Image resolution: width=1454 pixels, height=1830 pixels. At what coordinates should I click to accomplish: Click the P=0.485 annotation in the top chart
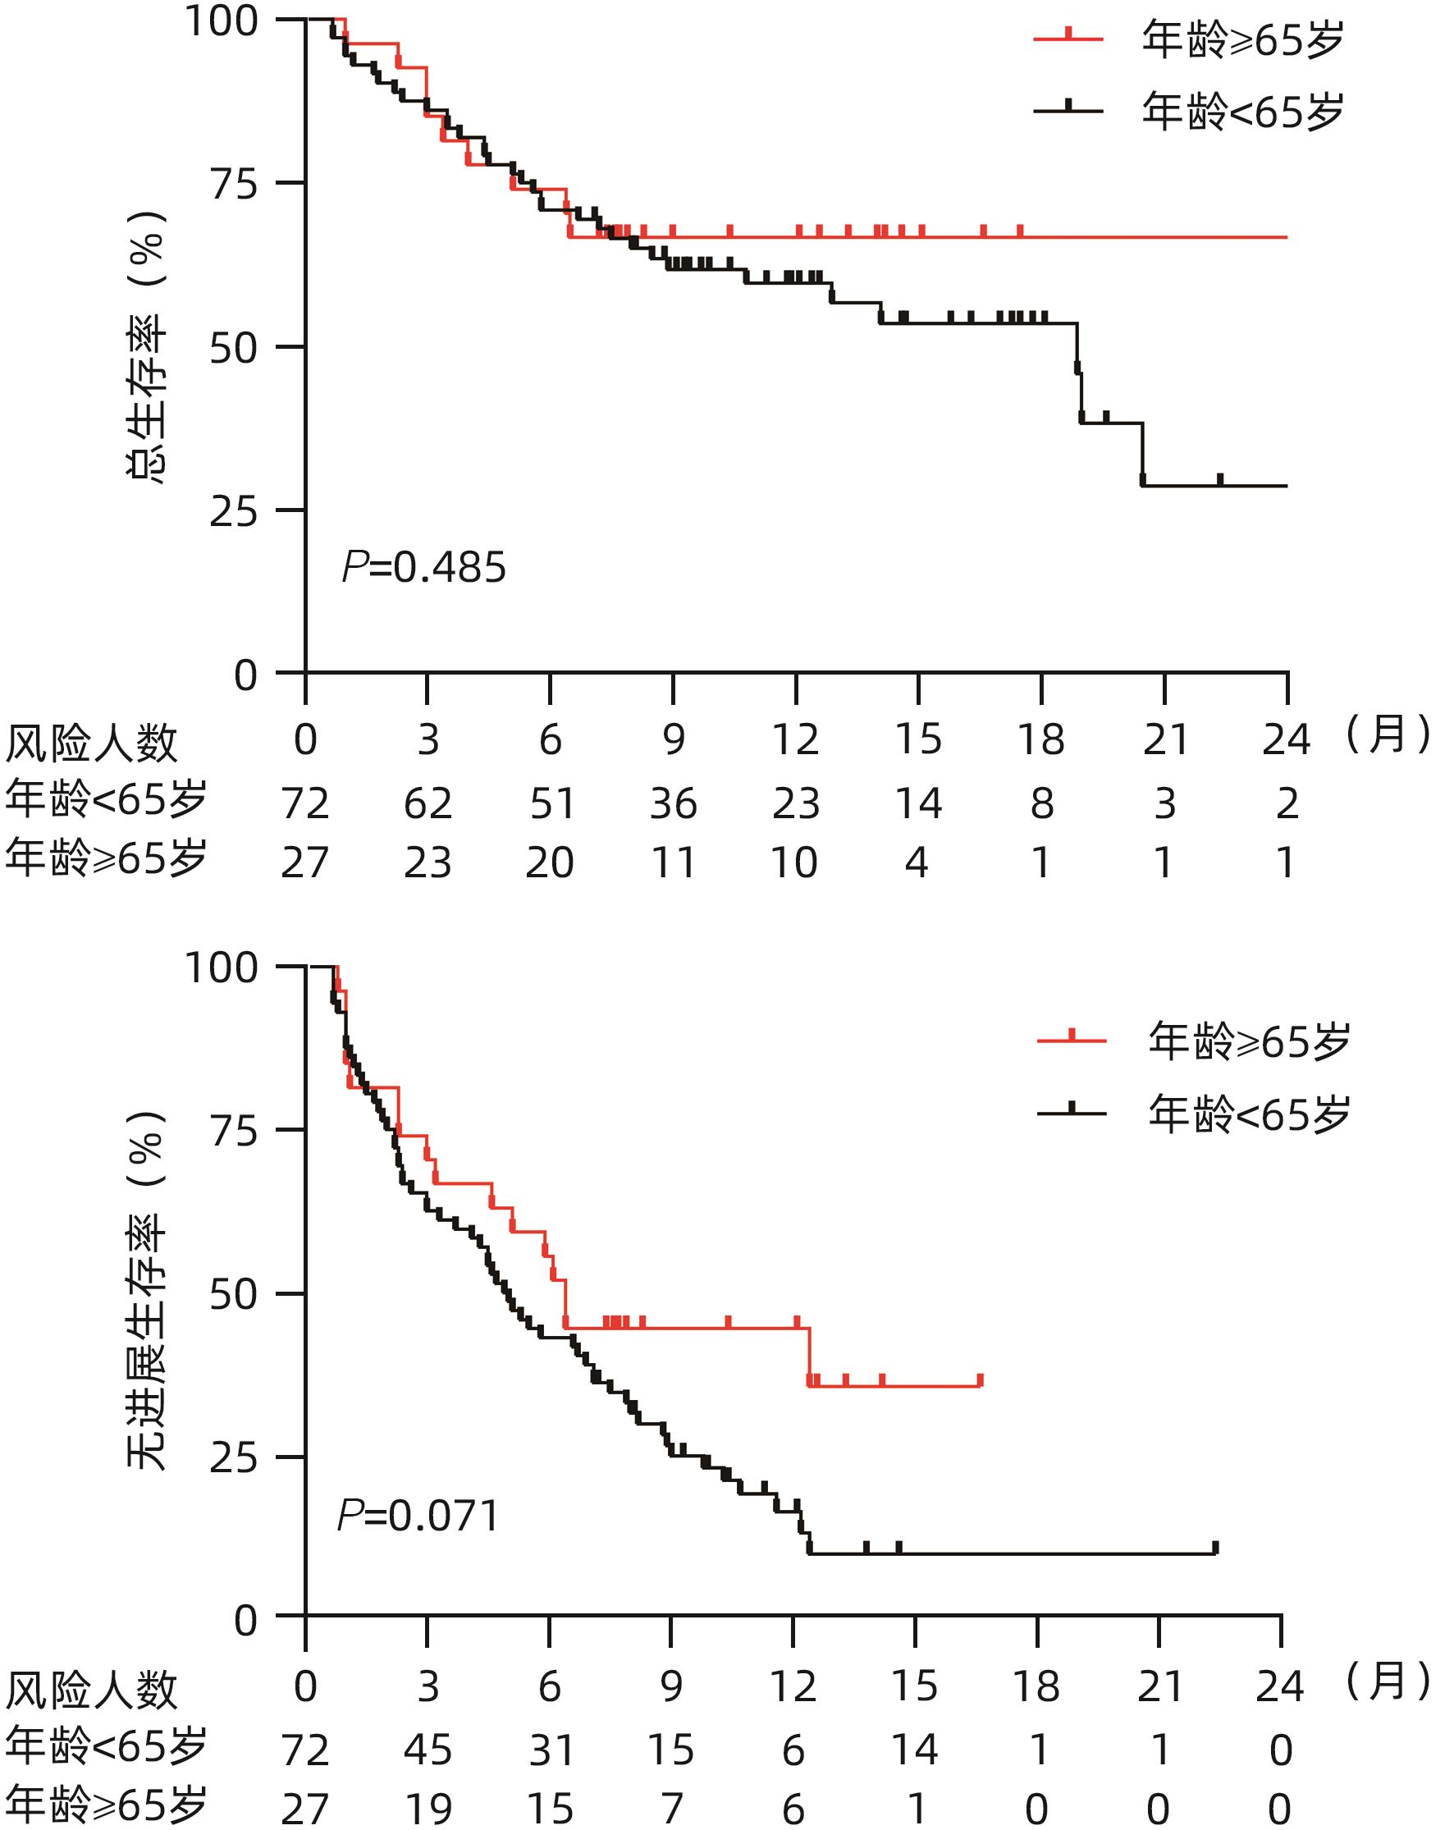[x=423, y=567]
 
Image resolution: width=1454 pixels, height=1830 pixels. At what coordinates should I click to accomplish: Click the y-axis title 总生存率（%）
[x=146, y=347]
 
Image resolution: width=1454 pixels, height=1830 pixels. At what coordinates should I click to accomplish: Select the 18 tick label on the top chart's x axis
[x=1040, y=740]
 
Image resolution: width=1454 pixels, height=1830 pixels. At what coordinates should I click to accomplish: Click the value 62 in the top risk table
[x=427, y=803]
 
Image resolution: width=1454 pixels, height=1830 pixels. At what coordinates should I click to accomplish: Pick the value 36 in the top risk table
[x=673, y=803]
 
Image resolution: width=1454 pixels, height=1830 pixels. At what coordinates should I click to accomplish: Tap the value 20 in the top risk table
[x=549, y=863]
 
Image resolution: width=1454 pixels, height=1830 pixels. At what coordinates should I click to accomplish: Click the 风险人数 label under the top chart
[x=91, y=744]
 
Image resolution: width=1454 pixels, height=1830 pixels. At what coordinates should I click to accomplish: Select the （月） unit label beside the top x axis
[x=1388, y=735]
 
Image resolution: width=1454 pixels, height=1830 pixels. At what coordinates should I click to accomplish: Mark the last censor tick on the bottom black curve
[x=1215, y=1548]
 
